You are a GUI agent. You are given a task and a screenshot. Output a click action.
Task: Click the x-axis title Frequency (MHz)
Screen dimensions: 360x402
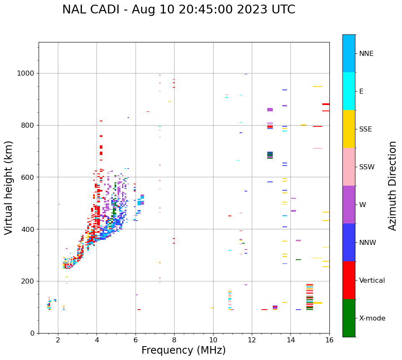pos(183,350)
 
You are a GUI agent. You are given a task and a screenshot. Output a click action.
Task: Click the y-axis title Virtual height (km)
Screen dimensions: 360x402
pos(9,188)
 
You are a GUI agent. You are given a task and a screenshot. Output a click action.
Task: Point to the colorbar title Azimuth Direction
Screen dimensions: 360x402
pos(392,186)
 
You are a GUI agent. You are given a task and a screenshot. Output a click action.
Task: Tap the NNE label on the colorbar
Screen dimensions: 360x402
pos(366,54)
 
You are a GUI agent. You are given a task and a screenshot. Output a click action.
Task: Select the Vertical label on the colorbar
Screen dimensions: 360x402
pos(372,281)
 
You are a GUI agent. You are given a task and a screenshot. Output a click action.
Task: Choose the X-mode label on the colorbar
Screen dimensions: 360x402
pos(372,318)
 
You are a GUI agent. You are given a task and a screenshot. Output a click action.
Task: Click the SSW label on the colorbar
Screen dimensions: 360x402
pos(367,167)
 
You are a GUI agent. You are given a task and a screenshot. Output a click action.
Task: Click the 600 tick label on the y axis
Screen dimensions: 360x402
pos(27,177)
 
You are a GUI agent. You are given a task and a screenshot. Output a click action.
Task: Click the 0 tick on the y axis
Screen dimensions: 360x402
pos(32,333)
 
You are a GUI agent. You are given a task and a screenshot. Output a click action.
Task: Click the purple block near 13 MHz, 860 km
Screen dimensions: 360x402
pos(270,110)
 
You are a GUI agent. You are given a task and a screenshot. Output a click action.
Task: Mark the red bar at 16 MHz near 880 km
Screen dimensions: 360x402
pos(326,104)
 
